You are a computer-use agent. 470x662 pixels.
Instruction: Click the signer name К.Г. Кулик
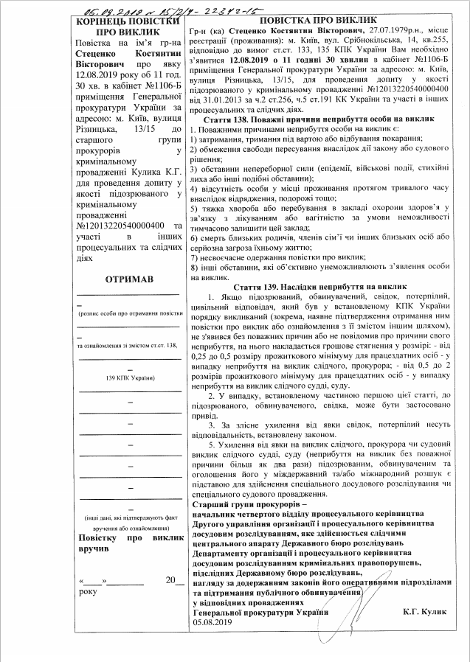tap(426, 613)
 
